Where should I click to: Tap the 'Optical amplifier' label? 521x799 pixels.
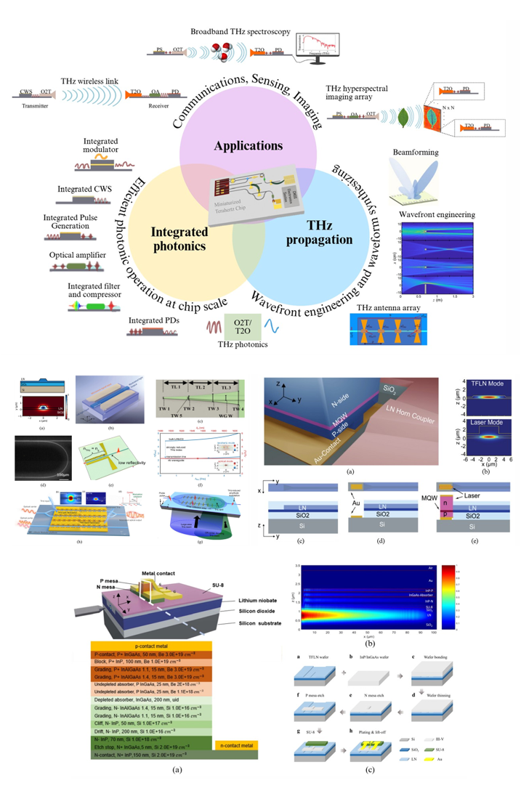coord(77,255)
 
